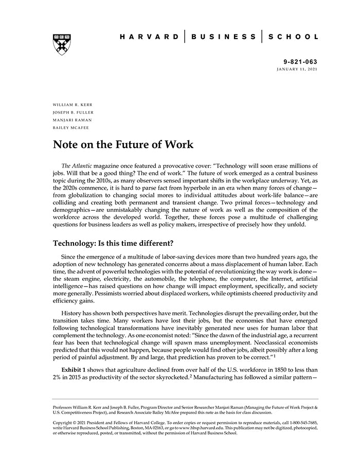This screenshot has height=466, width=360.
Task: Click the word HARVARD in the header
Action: tap(149, 37)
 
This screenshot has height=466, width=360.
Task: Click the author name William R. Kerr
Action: tap(73, 104)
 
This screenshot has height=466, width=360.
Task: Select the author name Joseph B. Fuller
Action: tap(74, 112)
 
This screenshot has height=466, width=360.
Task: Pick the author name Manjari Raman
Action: tap(73, 120)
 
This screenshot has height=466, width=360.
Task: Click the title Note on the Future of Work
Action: tap(123, 145)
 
